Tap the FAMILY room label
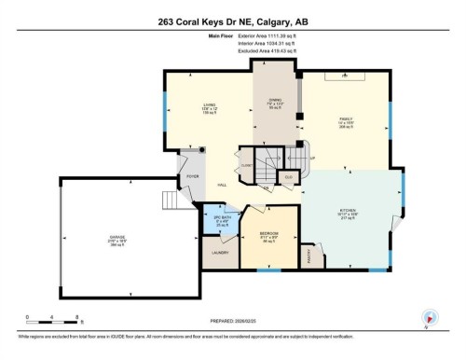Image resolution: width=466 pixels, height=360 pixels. pos(347,119)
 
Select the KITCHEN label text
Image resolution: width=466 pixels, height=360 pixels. pos(347,213)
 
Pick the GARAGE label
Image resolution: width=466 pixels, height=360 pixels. pos(117,238)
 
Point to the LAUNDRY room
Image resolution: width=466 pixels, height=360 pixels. pos(220,252)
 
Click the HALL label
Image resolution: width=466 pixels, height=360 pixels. pos(223,186)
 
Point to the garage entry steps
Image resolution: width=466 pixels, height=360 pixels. pos(169,201)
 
